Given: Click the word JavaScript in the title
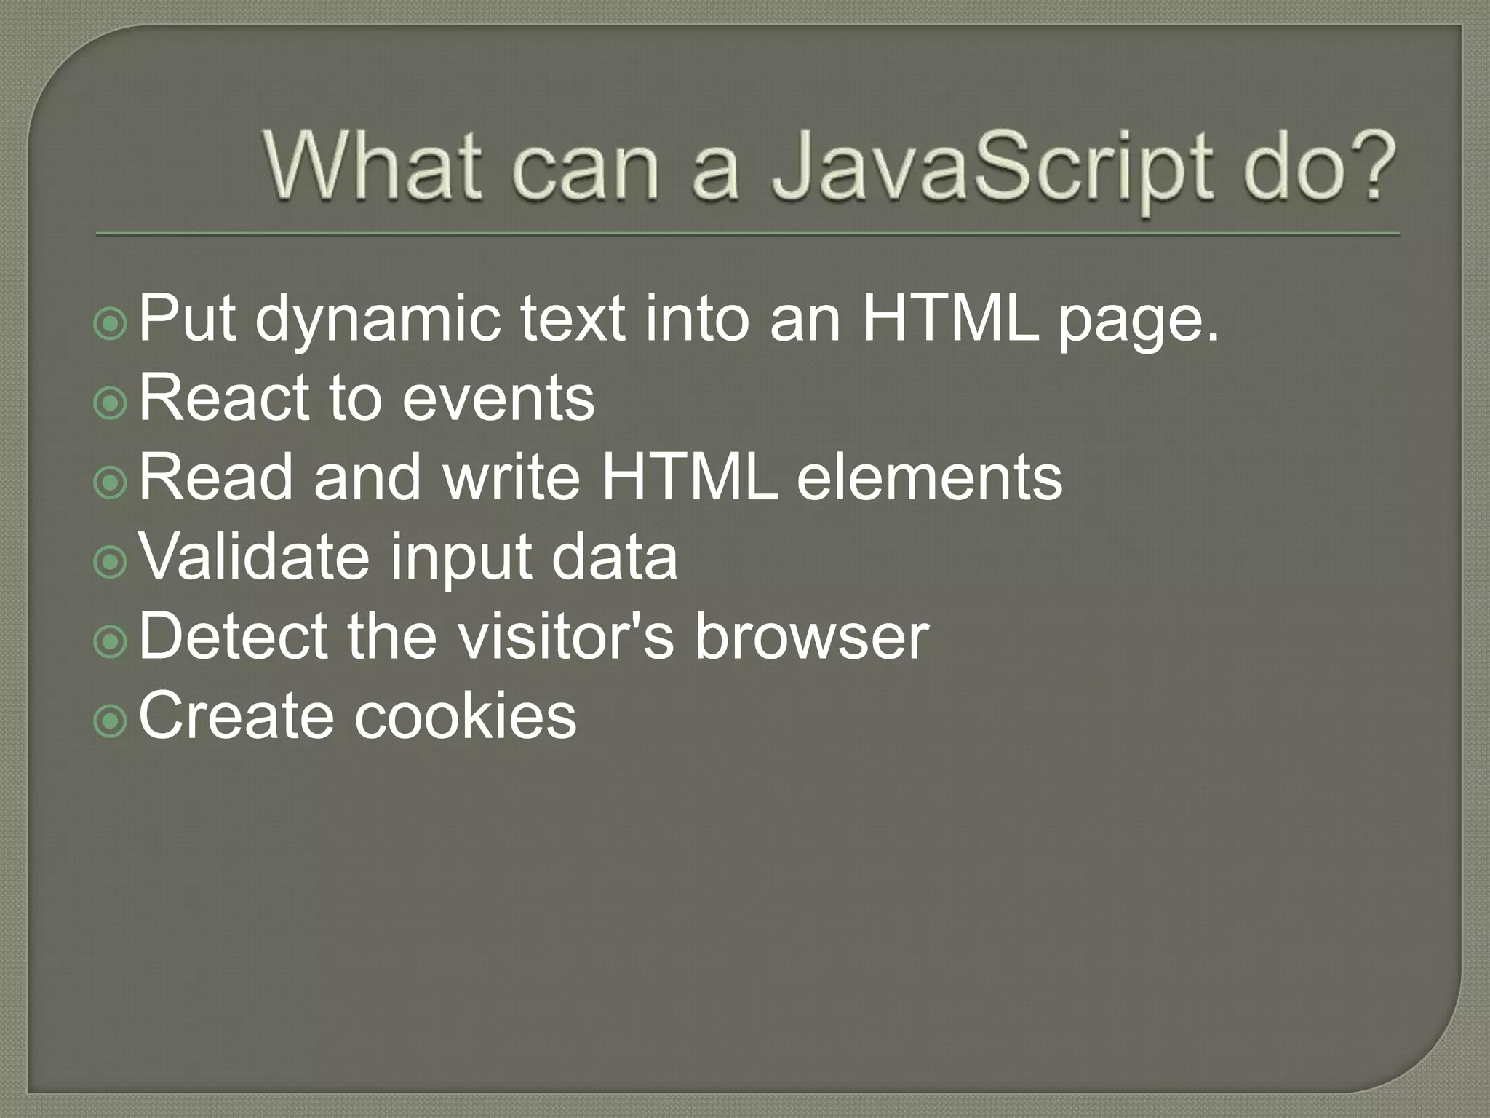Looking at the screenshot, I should [x=992, y=169].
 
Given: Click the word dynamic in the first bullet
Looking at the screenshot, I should [x=378, y=320].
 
